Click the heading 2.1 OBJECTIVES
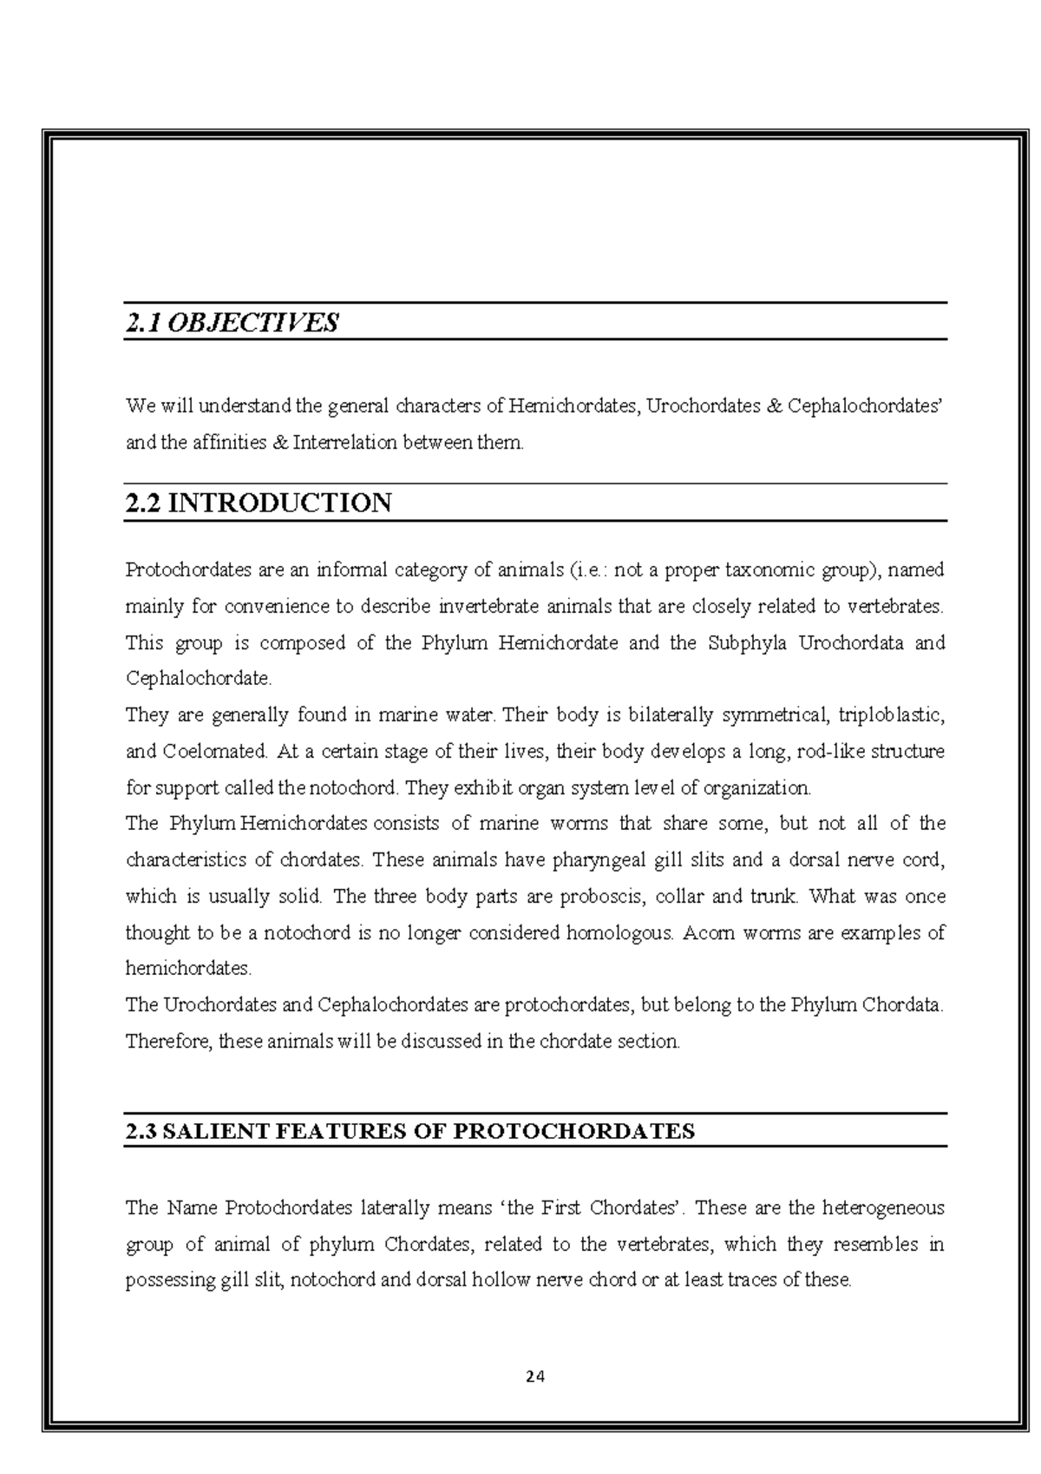(232, 323)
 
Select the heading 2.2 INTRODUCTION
(259, 503)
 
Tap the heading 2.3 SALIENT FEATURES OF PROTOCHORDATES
(409, 1131)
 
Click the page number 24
(535, 1375)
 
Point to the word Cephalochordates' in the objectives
(865, 405)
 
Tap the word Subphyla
(747, 643)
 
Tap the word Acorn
(708, 933)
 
